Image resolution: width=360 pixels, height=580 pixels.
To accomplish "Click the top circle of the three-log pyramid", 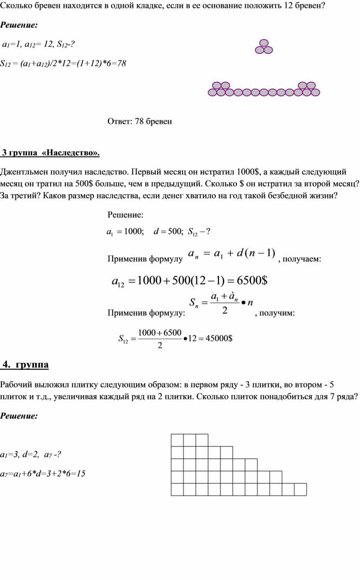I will click(x=264, y=43).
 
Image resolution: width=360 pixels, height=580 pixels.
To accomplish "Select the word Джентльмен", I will click(x=22, y=172).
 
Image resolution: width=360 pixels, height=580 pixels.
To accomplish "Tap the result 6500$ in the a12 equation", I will click(x=252, y=281).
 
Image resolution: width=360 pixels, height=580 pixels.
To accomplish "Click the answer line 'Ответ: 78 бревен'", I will click(x=139, y=122).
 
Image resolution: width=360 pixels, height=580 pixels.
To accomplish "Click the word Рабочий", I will click(x=16, y=385).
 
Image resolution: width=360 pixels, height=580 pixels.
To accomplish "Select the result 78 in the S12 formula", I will click(x=121, y=64).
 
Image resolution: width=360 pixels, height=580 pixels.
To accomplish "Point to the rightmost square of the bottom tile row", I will click(x=300, y=490).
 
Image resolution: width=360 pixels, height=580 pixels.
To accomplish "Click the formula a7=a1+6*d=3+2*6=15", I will click(x=43, y=474).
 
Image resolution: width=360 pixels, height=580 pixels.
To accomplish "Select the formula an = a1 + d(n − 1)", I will click(x=231, y=253).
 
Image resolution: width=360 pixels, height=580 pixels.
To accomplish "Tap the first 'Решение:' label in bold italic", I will click(x=19, y=25).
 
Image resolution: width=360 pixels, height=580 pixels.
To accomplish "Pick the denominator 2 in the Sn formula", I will click(x=225, y=311).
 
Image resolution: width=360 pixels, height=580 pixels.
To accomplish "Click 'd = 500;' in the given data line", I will click(x=168, y=232).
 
